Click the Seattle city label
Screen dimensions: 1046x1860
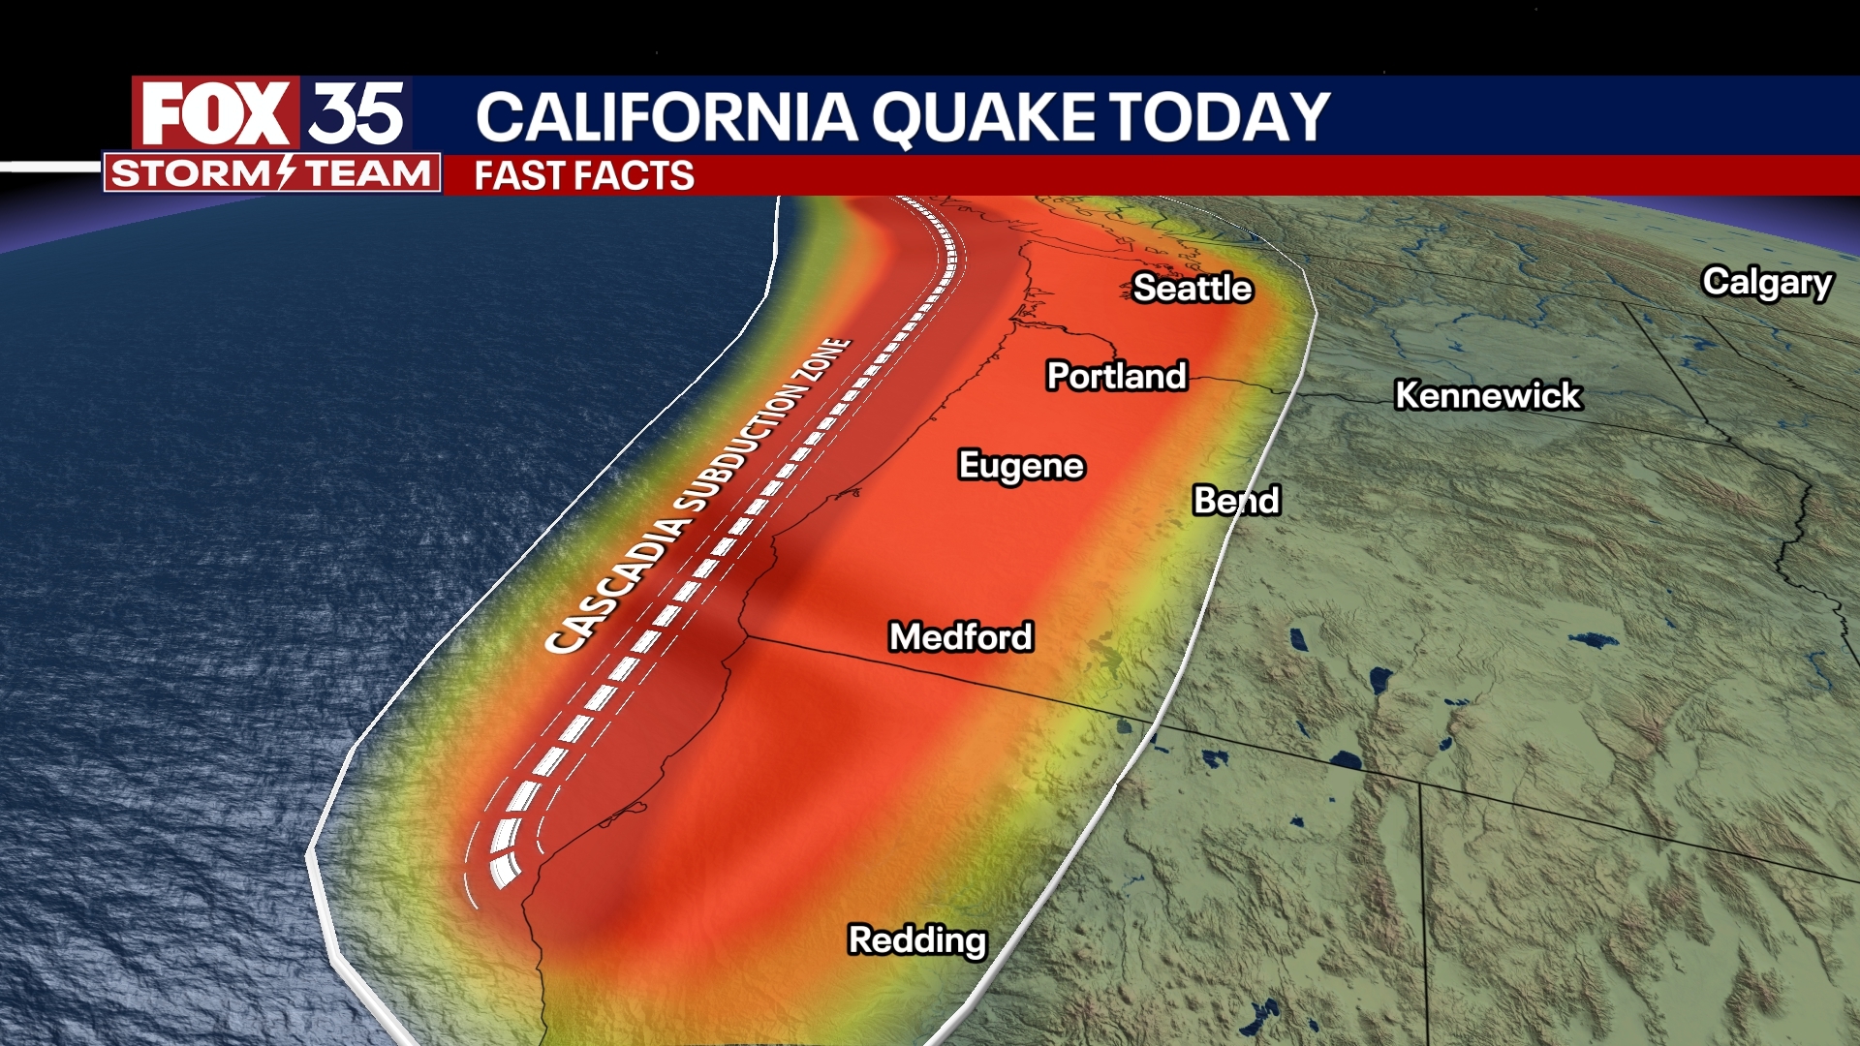click(1193, 288)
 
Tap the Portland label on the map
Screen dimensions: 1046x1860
click(1116, 376)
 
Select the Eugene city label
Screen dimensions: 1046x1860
click(1020, 466)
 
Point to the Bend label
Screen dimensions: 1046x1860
click(1236, 501)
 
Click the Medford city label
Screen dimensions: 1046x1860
click(961, 637)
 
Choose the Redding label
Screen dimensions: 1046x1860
click(916, 940)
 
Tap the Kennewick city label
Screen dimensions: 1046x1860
click(1487, 395)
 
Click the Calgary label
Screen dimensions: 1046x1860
click(1767, 283)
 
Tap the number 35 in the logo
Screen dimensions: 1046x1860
click(356, 113)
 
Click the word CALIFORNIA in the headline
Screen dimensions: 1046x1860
click(666, 117)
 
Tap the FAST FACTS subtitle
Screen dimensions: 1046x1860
click(584, 176)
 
